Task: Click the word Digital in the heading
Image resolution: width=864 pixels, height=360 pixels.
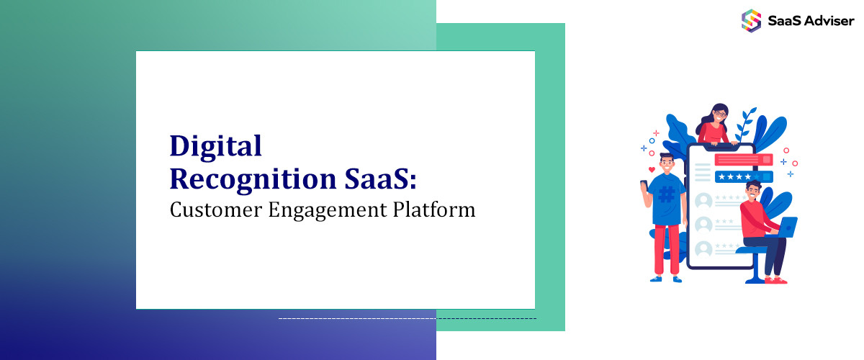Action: coord(215,147)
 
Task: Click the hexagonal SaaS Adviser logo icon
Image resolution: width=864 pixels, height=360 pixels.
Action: coord(751,19)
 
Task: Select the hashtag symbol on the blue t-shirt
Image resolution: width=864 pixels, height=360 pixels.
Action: coord(667,194)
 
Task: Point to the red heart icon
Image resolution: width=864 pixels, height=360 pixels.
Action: coord(652,170)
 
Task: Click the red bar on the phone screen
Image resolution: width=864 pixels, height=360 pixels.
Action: coord(742,160)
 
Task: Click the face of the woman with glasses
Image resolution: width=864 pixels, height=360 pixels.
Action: coord(719,114)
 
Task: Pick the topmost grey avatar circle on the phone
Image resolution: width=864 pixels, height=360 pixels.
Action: coord(703,199)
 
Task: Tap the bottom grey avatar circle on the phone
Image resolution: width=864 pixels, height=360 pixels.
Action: coord(703,248)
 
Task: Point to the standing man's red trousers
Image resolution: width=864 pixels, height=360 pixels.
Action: coord(667,248)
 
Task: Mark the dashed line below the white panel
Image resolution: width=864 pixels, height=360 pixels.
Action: coord(407,318)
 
